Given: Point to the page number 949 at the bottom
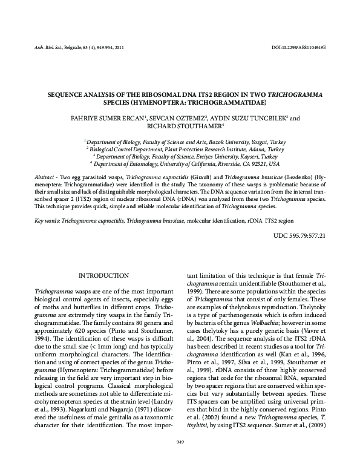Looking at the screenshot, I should click(x=180, y=442).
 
